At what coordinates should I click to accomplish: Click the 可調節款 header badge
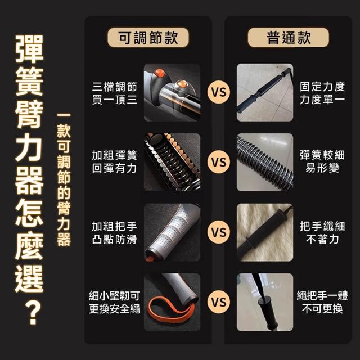click(x=148, y=38)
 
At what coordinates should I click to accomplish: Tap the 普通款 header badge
click(x=289, y=38)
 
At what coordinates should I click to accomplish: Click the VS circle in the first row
click(x=219, y=92)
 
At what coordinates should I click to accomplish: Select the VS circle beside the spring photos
click(x=219, y=162)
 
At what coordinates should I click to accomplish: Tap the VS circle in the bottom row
click(x=219, y=302)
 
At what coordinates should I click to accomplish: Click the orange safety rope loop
click(x=171, y=310)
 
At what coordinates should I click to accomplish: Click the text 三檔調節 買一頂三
click(x=115, y=93)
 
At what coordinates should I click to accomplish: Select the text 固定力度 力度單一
click(x=322, y=93)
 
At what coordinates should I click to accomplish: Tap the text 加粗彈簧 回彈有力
click(x=115, y=161)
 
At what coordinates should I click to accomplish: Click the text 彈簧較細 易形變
click(x=322, y=161)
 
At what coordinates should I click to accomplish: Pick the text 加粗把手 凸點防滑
click(x=115, y=233)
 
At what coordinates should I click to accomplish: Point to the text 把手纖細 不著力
click(x=322, y=233)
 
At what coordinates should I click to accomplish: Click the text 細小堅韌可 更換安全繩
click(x=115, y=303)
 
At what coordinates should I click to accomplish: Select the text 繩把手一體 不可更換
click(x=322, y=303)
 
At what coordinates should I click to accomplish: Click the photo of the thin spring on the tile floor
click(x=265, y=162)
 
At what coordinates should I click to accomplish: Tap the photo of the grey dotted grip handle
click(x=172, y=232)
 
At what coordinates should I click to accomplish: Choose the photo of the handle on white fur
click(x=265, y=232)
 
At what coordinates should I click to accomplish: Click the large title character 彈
click(x=29, y=49)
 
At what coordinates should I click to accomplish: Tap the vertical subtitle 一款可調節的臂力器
click(x=64, y=179)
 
